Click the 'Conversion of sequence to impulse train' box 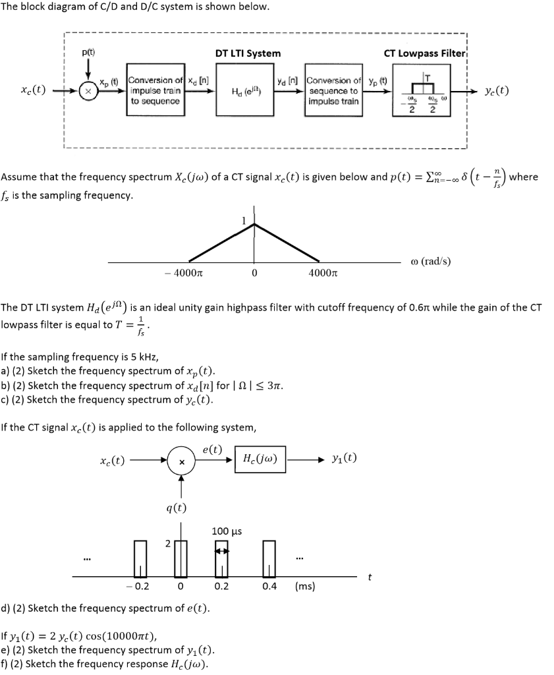pyautogui.click(x=333, y=92)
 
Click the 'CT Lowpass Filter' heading pyautogui.click(x=425, y=53)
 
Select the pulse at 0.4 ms pyautogui.click(x=268, y=558)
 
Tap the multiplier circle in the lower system pyautogui.click(x=179, y=459)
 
